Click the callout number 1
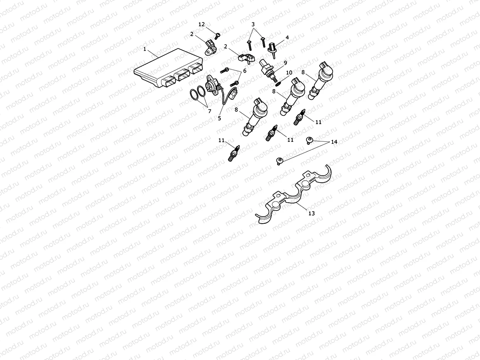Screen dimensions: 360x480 145,49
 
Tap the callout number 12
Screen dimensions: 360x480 202,24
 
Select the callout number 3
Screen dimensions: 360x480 253,24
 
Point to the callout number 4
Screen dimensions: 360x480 287,37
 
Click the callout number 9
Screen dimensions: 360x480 219,118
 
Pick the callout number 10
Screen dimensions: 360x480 245,71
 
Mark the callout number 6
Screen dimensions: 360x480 210,111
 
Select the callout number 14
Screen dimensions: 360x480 334,142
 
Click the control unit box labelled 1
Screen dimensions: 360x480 165,68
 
